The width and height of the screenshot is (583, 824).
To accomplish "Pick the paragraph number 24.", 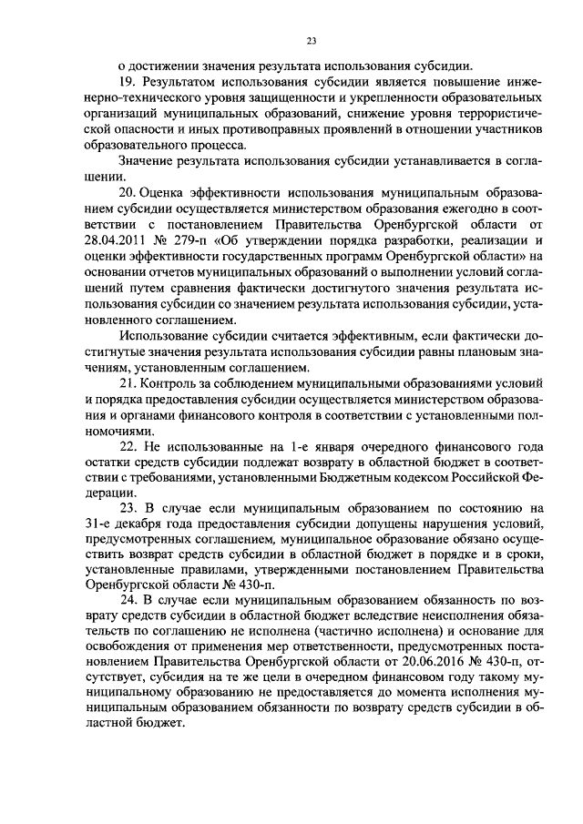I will (x=128, y=602).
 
